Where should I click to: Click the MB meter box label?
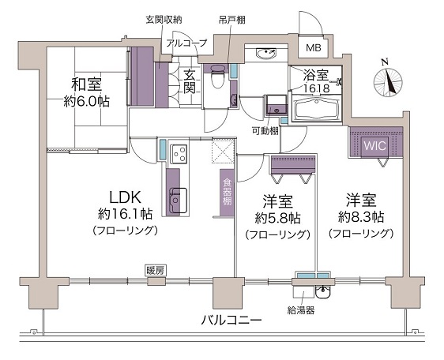tap(314, 47)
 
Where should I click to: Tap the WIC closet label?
tap(375, 146)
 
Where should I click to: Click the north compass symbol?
tap(388, 81)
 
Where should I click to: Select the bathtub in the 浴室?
tap(317, 109)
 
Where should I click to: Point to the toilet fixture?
tap(217, 76)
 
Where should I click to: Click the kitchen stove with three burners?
tap(179, 154)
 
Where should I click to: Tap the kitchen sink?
tap(177, 200)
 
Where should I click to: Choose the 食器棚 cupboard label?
tap(227, 193)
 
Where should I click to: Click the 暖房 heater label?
tap(155, 271)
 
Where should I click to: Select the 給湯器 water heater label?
tap(301, 310)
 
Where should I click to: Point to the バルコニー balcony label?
tap(231, 320)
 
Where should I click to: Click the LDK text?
tap(125, 197)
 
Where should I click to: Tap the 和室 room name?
tap(87, 84)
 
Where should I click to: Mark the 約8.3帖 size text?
tap(361, 217)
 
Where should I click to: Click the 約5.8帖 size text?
tap(277, 218)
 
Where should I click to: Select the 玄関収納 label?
tap(164, 20)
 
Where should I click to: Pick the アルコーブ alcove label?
tap(186, 43)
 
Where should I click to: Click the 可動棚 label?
tap(265, 131)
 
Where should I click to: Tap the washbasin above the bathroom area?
tap(266, 53)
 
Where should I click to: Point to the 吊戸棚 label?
tap(231, 20)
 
